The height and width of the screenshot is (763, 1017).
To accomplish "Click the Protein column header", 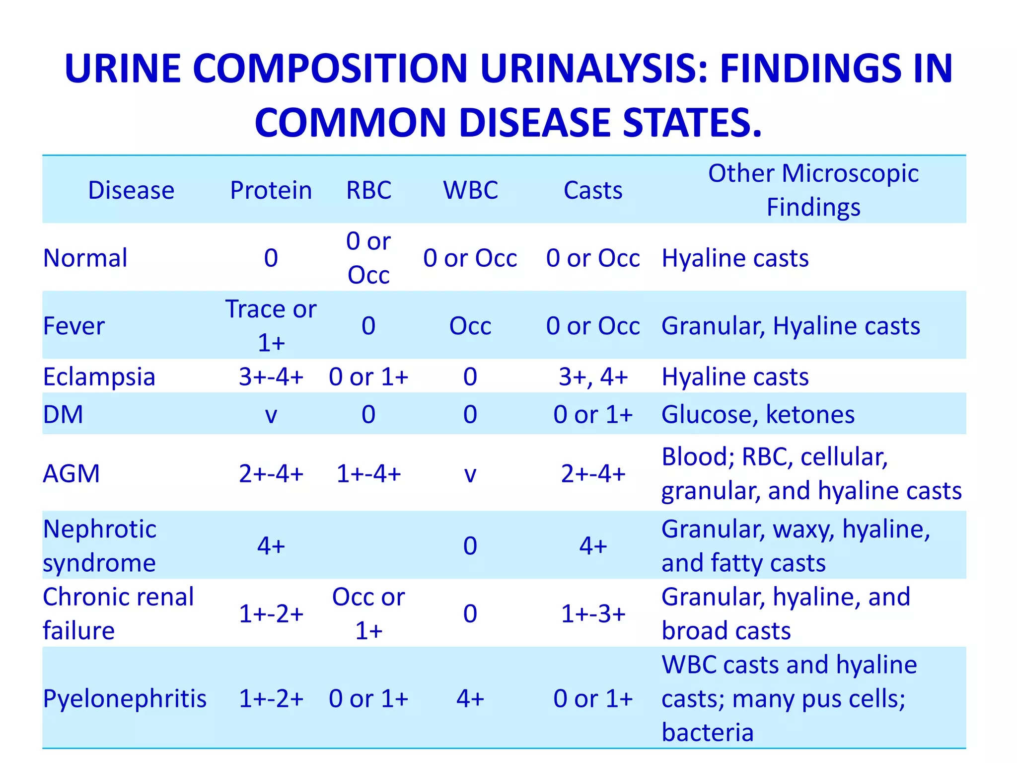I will (271, 190).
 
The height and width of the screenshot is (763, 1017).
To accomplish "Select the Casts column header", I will (593, 190).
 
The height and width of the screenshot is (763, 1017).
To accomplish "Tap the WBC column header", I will (470, 190).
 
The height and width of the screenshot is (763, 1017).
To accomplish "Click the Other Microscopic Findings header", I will (813, 190).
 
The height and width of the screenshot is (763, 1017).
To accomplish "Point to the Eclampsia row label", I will (99, 377).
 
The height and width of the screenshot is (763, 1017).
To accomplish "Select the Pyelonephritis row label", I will (125, 698).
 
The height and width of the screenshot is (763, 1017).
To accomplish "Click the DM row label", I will (63, 414).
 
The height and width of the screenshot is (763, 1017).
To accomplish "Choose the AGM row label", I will (72, 473).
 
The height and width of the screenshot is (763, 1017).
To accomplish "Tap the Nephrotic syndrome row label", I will (99, 545).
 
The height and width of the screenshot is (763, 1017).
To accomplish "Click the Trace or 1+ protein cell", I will (271, 325).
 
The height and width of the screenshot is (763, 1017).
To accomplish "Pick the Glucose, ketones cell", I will (758, 414).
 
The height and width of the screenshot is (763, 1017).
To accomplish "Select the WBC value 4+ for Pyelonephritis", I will (470, 698).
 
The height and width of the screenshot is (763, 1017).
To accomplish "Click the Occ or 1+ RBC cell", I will (368, 613).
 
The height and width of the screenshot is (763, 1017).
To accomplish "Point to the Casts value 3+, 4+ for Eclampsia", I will (593, 377).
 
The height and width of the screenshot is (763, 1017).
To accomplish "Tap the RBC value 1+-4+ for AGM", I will (368, 473).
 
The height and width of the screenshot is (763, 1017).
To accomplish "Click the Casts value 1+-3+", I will (593, 614).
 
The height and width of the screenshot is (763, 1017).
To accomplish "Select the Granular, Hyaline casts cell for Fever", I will (791, 326).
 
